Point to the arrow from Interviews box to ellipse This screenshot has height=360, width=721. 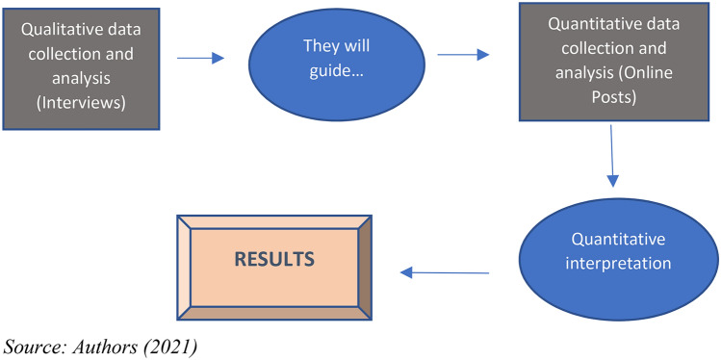click(x=200, y=59)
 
